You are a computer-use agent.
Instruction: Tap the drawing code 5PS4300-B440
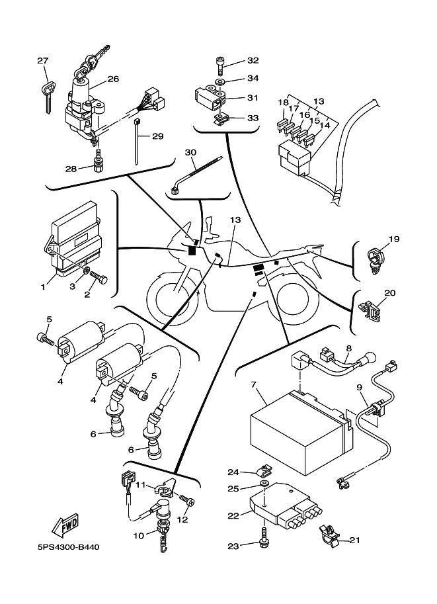pyautogui.click(x=68, y=547)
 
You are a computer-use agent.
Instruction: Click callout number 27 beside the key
pyautogui.click(x=43, y=62)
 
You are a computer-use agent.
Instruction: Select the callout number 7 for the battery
pyautogui.click(x=253, y=384)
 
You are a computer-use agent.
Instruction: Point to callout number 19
pyautogui.click(x=394, y=239)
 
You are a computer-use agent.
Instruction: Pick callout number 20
pyautogui.click(x=390, y=293)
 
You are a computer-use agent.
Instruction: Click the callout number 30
pyautogui.click(x=191, y=152)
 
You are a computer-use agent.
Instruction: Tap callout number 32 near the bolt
pyautogui.click(x=253, y=60)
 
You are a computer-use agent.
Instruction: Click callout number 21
pyautogui.click(x=354, y=540)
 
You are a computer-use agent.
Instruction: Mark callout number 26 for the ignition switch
pyautogui.click(x=113, y=79)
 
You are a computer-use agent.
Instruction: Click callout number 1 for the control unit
pyautogui.click(x=42, y=287)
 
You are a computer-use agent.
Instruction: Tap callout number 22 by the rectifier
pyautogui.click(x=233, y=515)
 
